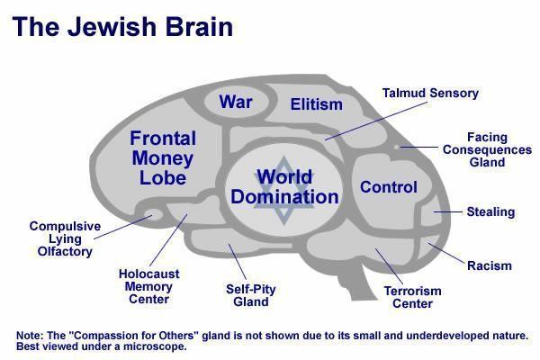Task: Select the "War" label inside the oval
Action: point(236,102)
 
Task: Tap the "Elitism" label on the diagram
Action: point(317,104)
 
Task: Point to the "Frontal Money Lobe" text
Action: point(170,158)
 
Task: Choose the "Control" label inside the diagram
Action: point(389,187)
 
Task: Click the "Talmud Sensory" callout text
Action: point(430,93)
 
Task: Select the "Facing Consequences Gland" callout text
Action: point(486,149)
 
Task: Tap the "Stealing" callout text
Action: point(490,212)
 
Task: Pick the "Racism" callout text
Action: point(489,265)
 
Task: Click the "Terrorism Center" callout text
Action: point(413,297)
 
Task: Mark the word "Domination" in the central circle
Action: point(284,197)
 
